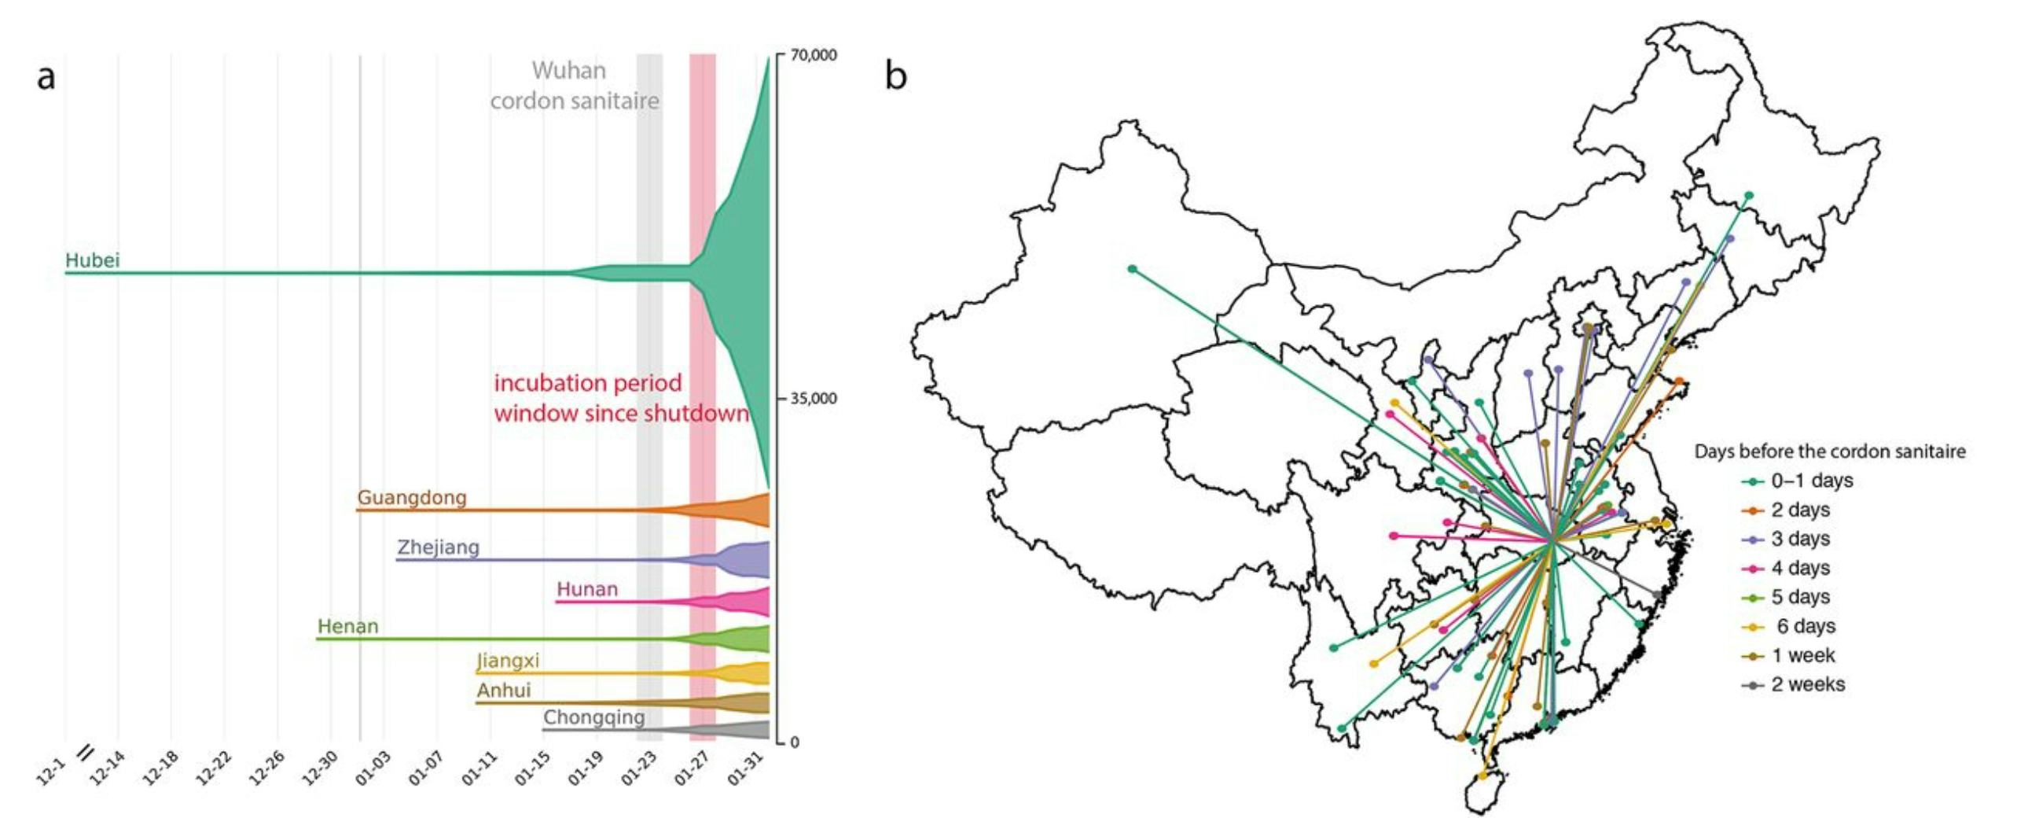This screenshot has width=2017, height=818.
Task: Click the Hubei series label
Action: tap(92, 260)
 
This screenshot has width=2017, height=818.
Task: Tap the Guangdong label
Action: tap(412, 498)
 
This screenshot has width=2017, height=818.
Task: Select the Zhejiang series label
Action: tap(438, 547)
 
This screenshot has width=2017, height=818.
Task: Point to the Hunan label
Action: tap(586, 589)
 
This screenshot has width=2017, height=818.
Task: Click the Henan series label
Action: tap(347, 627)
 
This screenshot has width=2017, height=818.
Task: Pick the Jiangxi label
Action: tap(508, 661)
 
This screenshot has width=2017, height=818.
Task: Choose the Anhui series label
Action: tap(503, 691)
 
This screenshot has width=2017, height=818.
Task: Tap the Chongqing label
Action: tap(593, 717)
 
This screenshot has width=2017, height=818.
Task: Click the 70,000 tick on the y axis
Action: tap(814, 55)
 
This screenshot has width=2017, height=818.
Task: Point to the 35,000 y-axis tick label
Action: tap(814, 399)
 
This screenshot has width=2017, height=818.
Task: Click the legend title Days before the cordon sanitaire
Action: tap(1829, 451)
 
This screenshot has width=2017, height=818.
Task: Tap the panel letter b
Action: tap(896, 76)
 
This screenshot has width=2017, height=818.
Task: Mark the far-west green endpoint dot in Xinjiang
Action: tap(1132, 269)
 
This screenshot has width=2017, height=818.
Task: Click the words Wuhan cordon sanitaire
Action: tap(573, 86)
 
